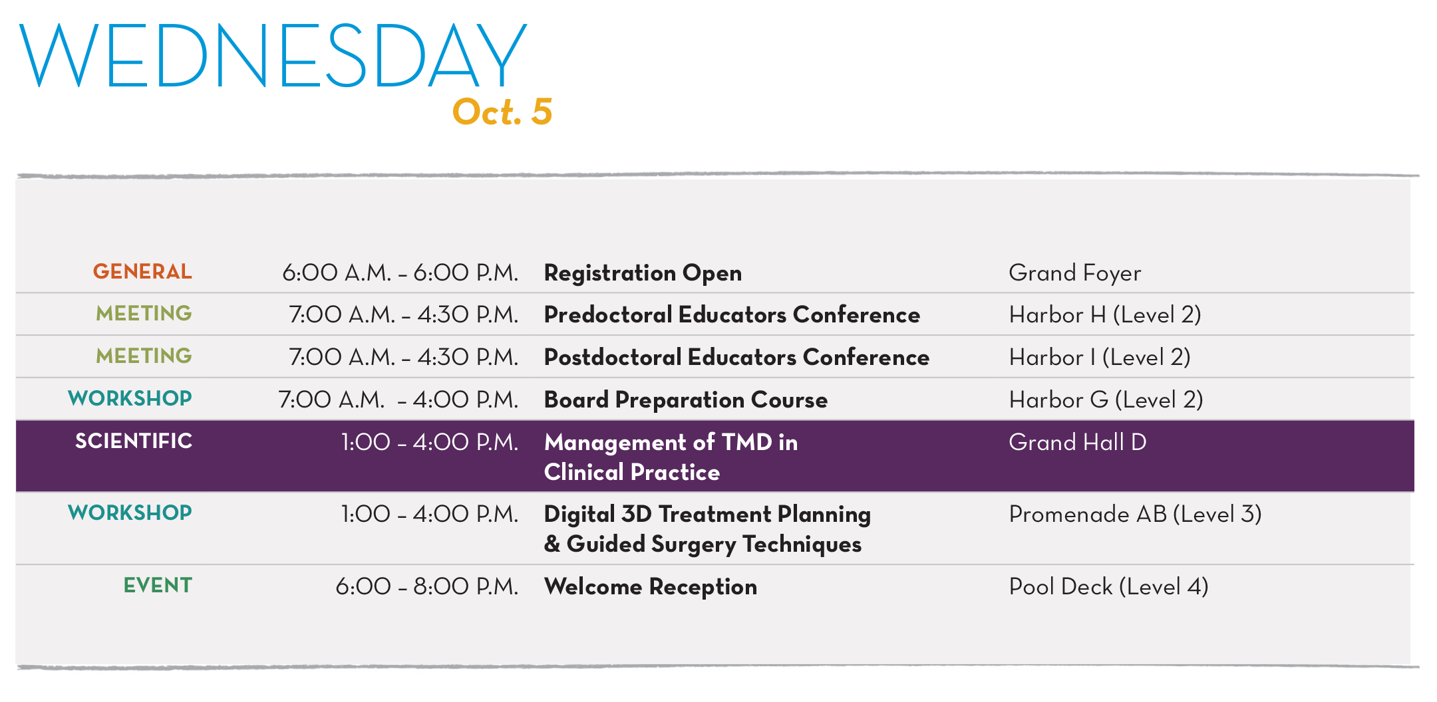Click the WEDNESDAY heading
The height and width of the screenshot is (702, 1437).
(273, 55)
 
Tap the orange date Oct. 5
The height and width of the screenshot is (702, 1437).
(502, 112)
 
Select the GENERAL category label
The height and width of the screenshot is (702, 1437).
(142, 271)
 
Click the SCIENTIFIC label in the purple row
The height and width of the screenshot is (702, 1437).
(134, 441)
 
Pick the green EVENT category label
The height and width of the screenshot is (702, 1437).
(158, 585)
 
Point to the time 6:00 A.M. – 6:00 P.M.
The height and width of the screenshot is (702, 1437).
(400, 273)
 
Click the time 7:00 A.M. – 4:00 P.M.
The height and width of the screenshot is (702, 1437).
(398, 400)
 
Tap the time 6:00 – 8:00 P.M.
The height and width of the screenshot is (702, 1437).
(426, 586)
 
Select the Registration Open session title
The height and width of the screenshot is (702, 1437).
(643, 273)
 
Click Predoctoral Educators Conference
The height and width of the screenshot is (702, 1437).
(732, 314)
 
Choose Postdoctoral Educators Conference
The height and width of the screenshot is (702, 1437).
(736, 357)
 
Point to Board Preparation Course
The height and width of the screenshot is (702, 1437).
(686, 400)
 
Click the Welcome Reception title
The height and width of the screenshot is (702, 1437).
(651, 586)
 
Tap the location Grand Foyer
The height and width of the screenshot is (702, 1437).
(1074, 273)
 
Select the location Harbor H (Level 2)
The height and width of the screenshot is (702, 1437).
(1105, 314)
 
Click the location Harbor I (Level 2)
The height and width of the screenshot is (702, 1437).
(1100, 357)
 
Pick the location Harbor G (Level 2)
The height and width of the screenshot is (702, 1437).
(1106, 400)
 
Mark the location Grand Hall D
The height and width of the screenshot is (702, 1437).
(1078, 442)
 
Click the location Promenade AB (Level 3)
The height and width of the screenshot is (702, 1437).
(1136, 514)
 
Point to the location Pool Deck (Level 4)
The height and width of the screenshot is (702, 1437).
(1109, 586)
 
